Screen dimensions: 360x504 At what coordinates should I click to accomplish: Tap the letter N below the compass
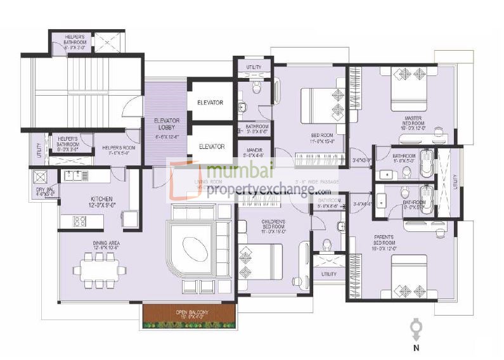tap(416, 348)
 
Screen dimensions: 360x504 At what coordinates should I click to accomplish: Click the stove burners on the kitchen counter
tap(81, 221)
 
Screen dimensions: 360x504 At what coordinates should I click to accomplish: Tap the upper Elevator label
tap(210, 102)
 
